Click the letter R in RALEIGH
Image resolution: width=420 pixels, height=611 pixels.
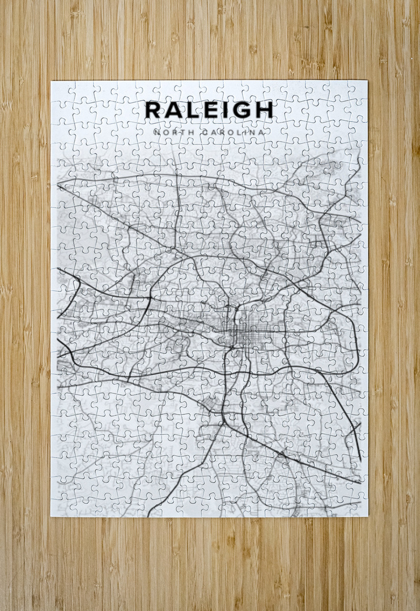[153, 110]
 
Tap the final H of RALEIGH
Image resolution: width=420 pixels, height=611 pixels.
[263, 110]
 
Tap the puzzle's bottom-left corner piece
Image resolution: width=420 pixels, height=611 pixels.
[60, 508]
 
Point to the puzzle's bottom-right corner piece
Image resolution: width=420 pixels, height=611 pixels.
[359, 508]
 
